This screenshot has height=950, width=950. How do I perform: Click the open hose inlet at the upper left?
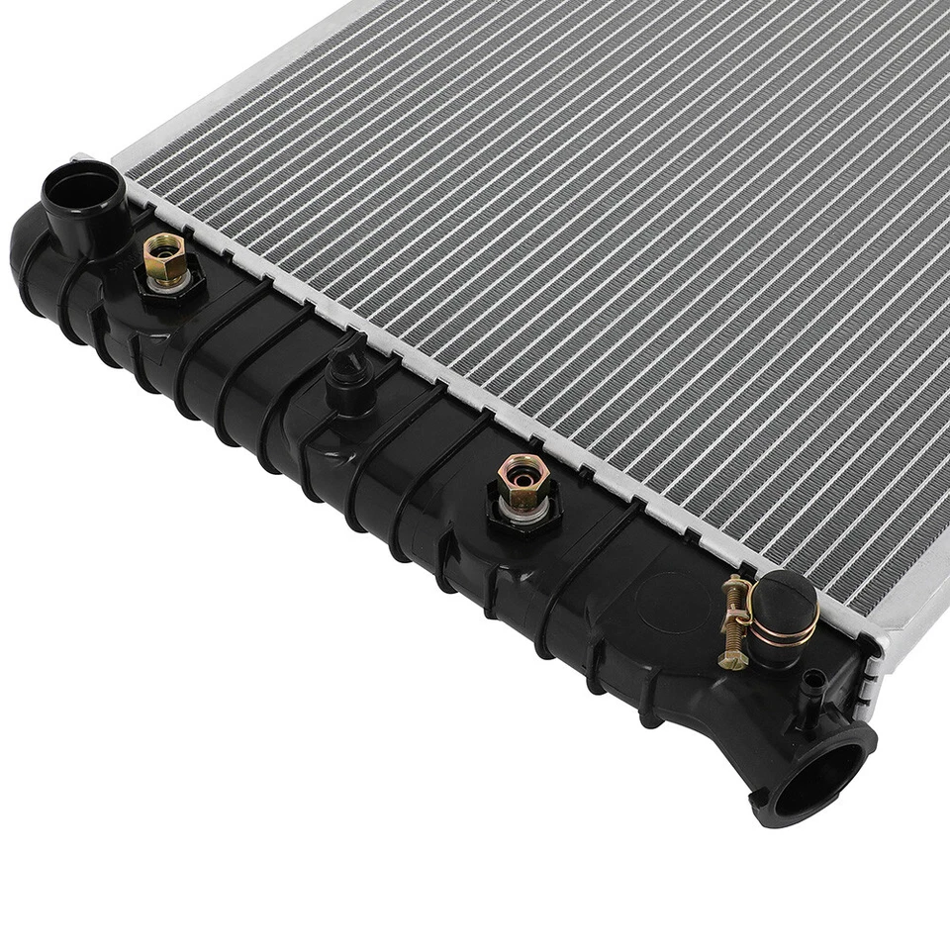coord(83,187)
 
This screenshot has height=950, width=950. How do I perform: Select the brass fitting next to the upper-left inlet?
coord(163,260)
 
